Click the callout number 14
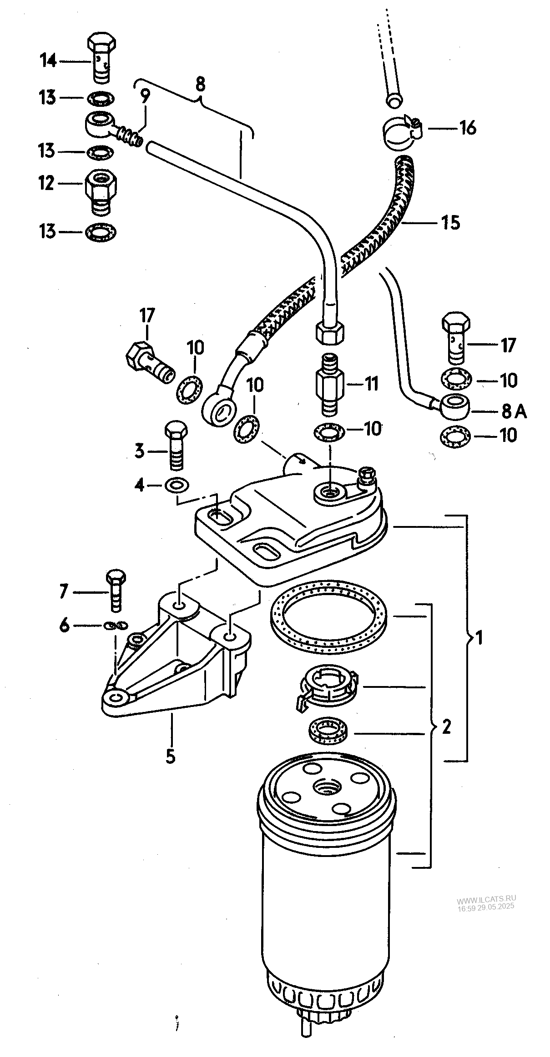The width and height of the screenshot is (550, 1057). click(48, 60)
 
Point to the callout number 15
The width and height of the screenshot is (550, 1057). click(451, 223)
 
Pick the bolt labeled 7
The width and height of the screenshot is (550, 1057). click(116, 589)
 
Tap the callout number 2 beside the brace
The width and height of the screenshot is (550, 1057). click(446, 727)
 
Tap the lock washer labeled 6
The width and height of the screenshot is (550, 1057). click(116, 626)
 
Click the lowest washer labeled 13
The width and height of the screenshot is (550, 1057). click(101, 232)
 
